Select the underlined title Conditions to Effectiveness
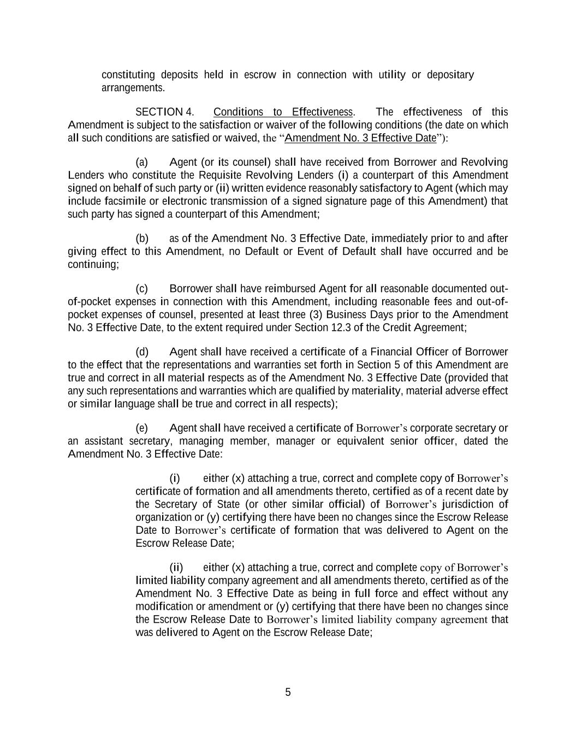click(283, 112)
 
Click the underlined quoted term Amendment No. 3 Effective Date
click(360, 138)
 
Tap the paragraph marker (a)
click(142, 163)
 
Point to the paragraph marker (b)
click(142, 239)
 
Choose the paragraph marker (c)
click(142, 289)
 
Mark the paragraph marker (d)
click(142, 352)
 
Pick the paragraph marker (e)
click(142, 428)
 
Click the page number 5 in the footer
click(288, 693)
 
